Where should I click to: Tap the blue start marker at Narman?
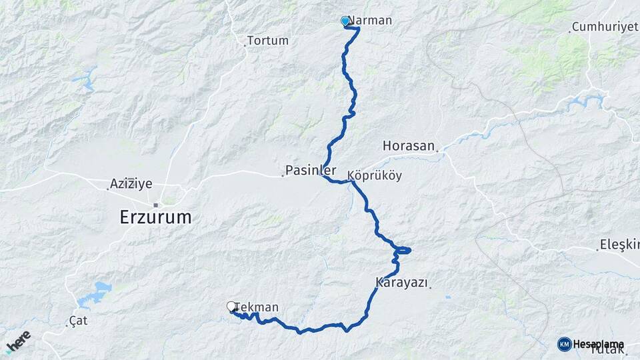(345, 21)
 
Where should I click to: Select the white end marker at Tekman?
(231, 307)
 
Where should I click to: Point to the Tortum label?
(267, 41)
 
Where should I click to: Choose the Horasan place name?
(409, 145)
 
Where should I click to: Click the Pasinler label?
(310, 169)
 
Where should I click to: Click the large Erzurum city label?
(155, 217)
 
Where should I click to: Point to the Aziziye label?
(131, 183)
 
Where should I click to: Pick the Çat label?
(78, 321)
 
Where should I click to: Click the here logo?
(18, 341)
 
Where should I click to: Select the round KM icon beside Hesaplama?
(564, 344)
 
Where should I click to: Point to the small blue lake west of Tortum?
(85, 81)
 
